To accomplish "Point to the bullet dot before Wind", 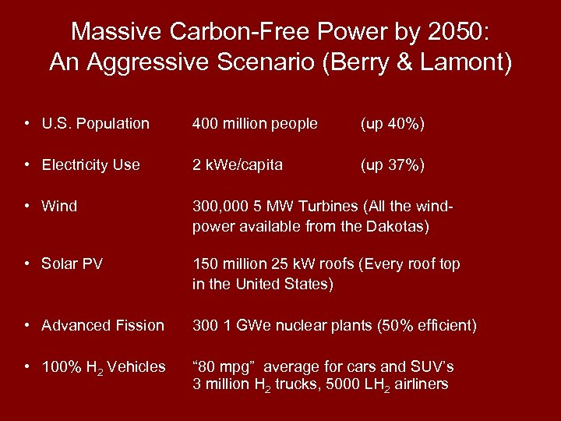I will [28, 207].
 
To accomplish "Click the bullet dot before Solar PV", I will [28, 264].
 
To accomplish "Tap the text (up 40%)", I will [392, 123].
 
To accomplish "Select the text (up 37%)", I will [392, 165].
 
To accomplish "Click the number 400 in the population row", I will [206, 123].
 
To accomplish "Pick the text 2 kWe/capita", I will [238, 165].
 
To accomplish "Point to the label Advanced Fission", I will [103, 325].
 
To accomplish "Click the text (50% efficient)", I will [429, 325].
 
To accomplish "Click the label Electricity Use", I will [90, 165].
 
